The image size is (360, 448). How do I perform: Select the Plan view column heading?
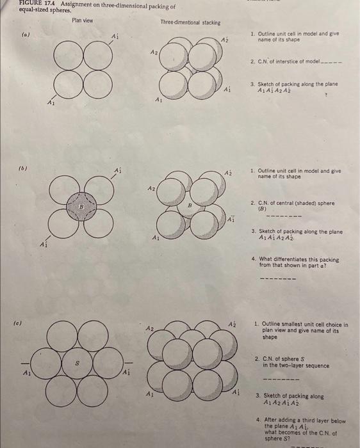click(82, 20)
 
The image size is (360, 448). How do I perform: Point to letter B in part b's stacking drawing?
click(190, 205)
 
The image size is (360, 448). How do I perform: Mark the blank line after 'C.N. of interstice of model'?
click(332, 63)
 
